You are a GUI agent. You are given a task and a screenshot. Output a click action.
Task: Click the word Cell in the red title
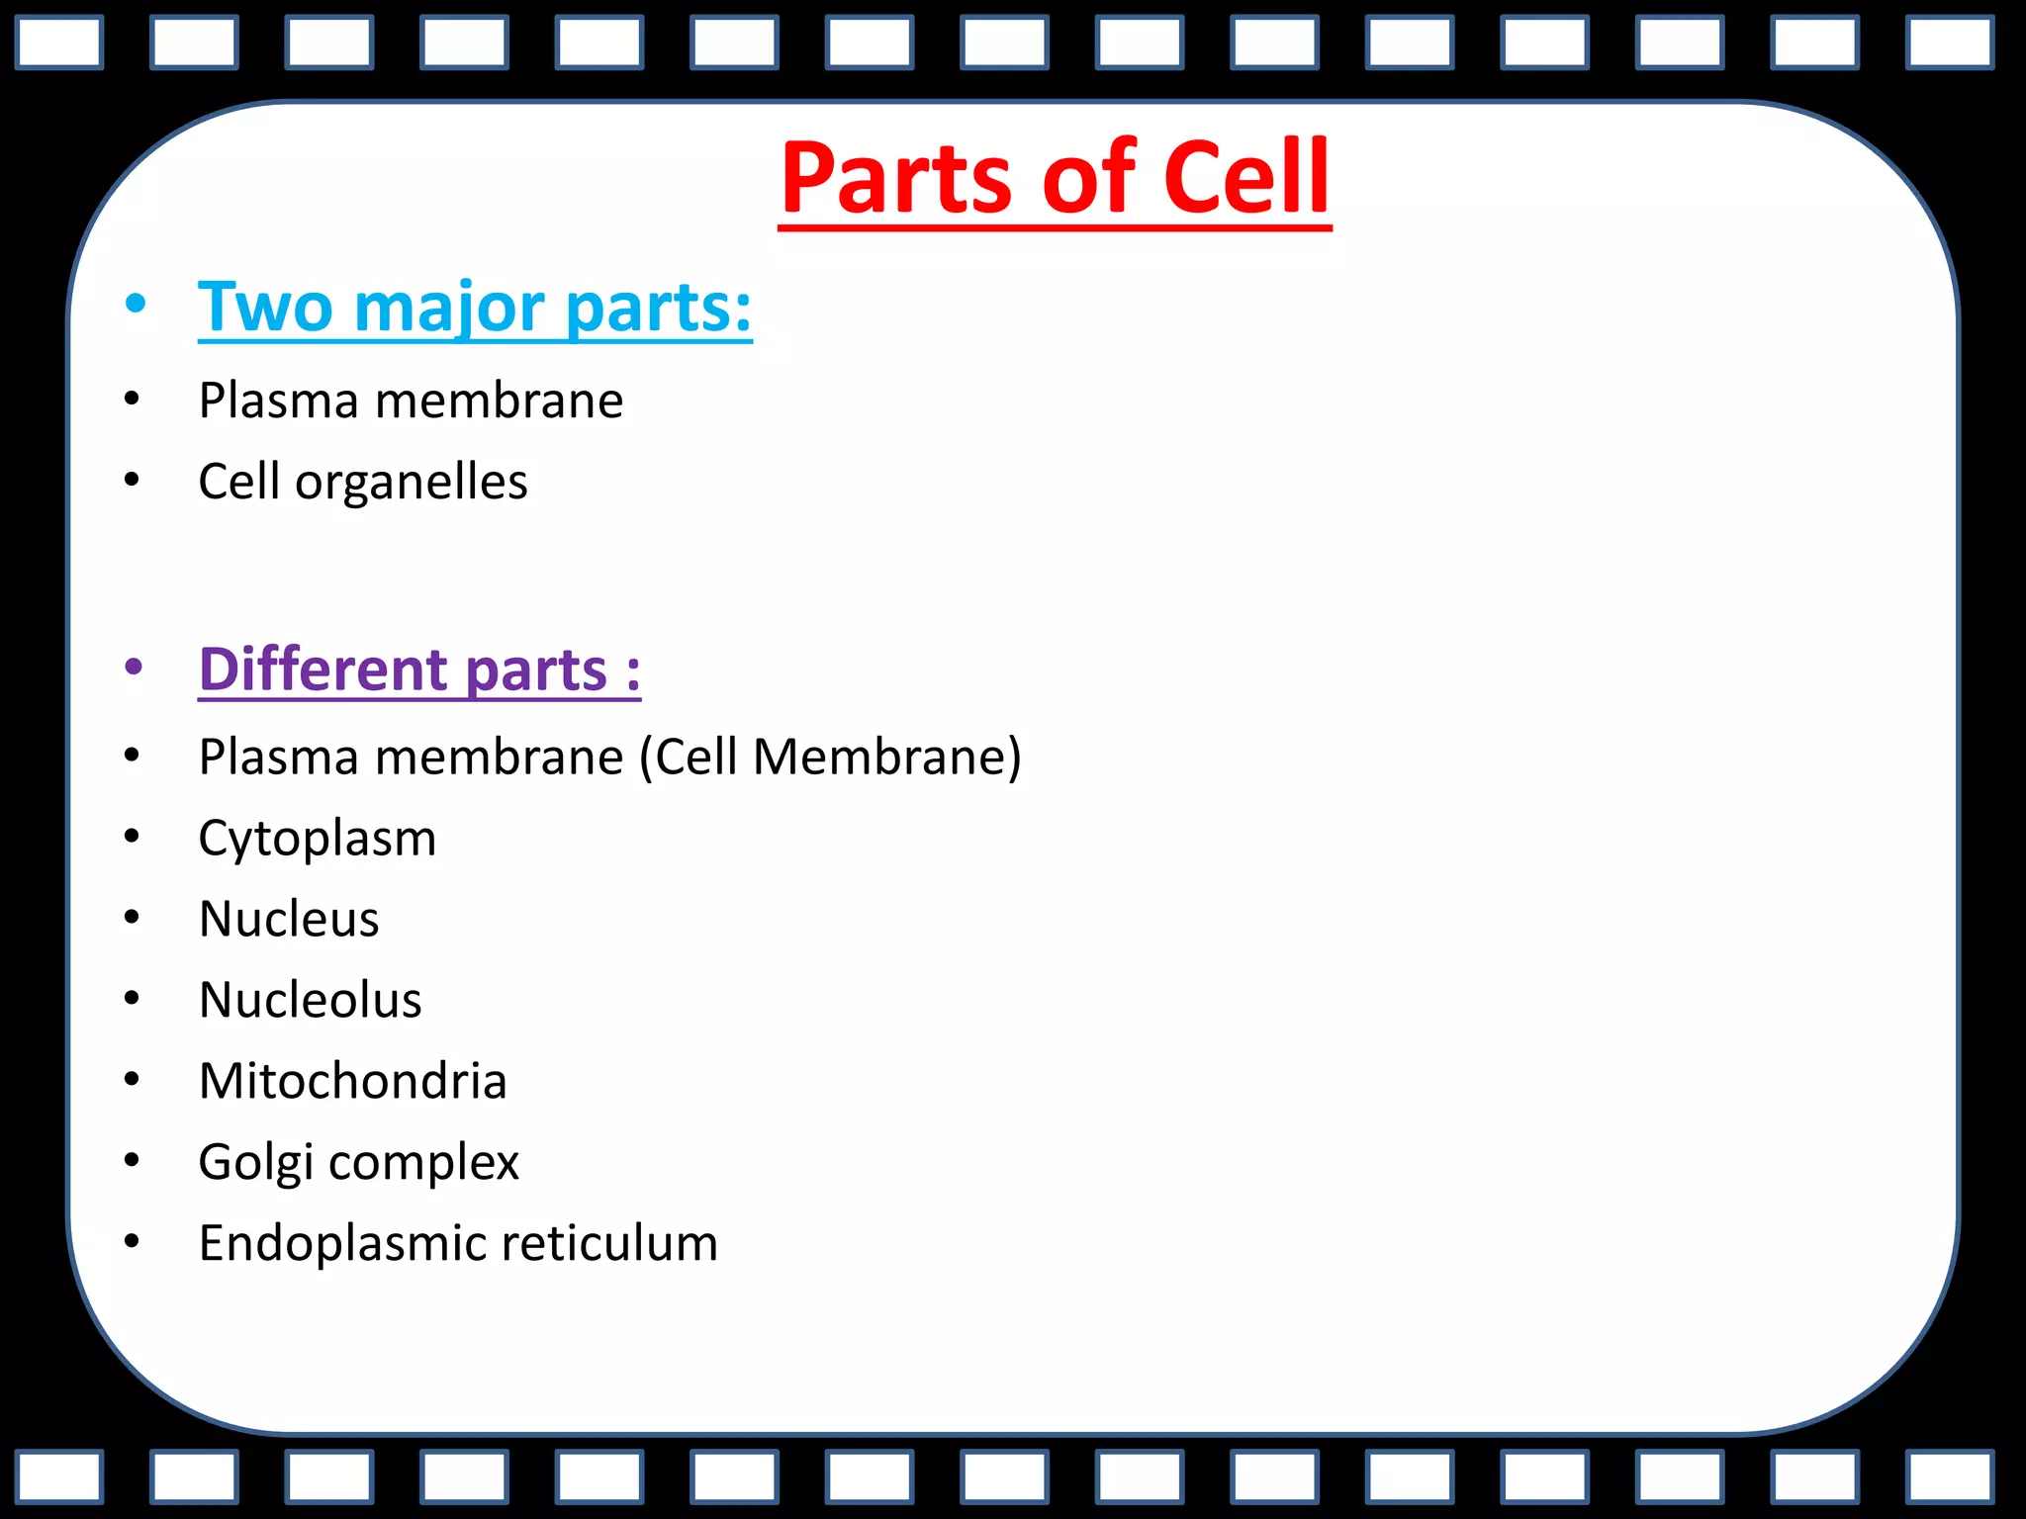pos(1245,178)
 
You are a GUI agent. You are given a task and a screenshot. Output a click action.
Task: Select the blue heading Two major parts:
pos(475,308)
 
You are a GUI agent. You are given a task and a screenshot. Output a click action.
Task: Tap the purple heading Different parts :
pos(419,670)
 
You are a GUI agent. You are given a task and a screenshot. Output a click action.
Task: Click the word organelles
pos(411,483)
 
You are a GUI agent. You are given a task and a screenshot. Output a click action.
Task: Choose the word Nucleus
pos(289,919)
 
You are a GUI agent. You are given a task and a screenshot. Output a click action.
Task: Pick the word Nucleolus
pos(311,1000)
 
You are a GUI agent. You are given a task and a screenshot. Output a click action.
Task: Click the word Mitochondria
pos(352,1081)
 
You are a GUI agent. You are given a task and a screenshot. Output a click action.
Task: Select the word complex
pos(423,1163)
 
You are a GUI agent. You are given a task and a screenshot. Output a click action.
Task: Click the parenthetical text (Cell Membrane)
pos(830,758)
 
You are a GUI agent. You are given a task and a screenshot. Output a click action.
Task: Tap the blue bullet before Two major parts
pos(136,304)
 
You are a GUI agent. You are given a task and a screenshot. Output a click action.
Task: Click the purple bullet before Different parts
pos(135,667)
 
